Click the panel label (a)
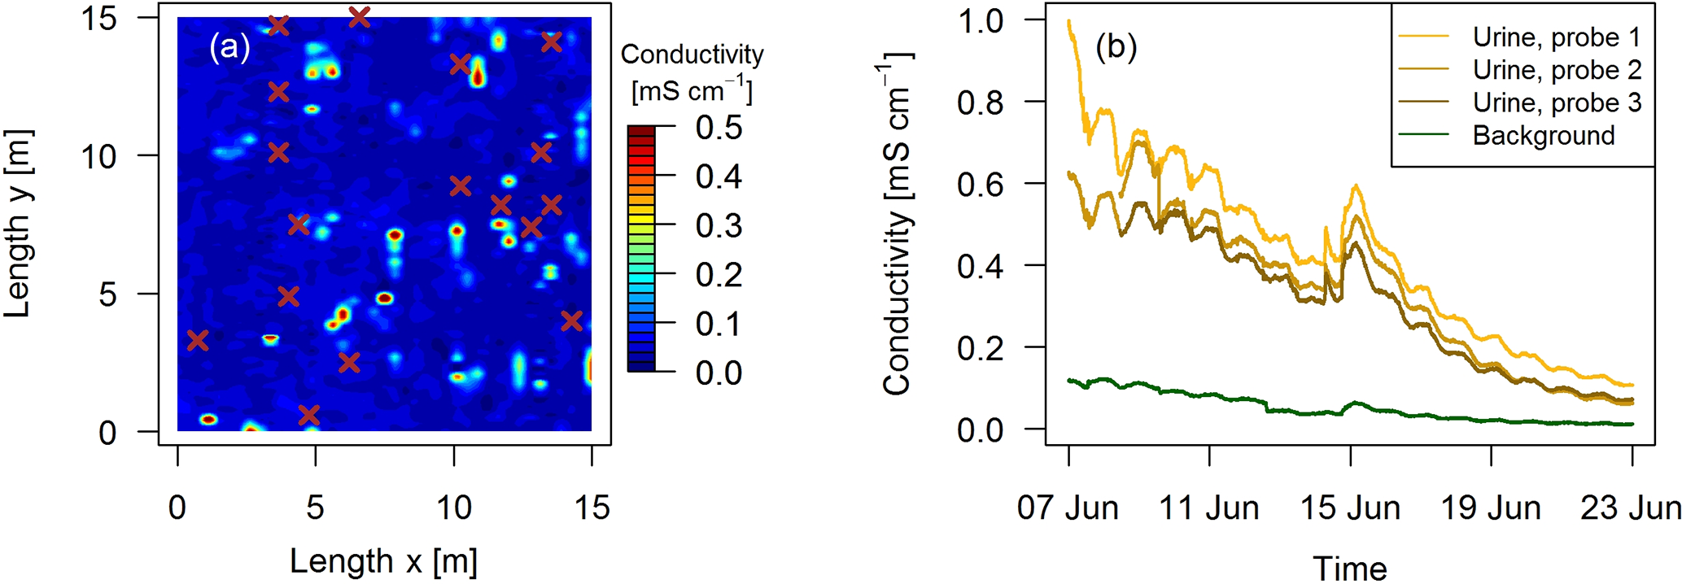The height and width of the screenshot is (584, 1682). click(229, 47)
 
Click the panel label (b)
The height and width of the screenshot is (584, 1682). click(1116, 47)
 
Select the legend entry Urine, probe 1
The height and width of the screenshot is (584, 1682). click(1557, 37)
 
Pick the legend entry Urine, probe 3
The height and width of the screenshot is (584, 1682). click(1557, 103)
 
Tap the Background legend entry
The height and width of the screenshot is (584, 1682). click(1543, 136)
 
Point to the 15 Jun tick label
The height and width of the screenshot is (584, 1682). click(1350, 508)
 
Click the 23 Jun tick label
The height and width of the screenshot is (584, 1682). click(1630, 508)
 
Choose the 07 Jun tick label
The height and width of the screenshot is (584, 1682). click(1068, 508)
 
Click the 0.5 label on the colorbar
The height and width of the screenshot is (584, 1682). click(719, 128)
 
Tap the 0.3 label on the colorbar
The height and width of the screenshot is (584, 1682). click(719, 226)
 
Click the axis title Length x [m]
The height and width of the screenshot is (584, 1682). click(383, 561)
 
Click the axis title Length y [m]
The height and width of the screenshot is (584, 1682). click(18, 224)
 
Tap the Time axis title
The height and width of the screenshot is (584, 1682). click(1349, 568)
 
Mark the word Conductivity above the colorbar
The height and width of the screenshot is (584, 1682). click(692, 54)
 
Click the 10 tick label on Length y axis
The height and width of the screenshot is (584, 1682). click(98, 156)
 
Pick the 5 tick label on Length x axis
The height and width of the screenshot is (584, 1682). click(315, 508)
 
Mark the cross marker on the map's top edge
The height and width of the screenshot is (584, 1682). click(359, 16)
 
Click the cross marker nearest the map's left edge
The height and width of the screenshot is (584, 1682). click(198, 340)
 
